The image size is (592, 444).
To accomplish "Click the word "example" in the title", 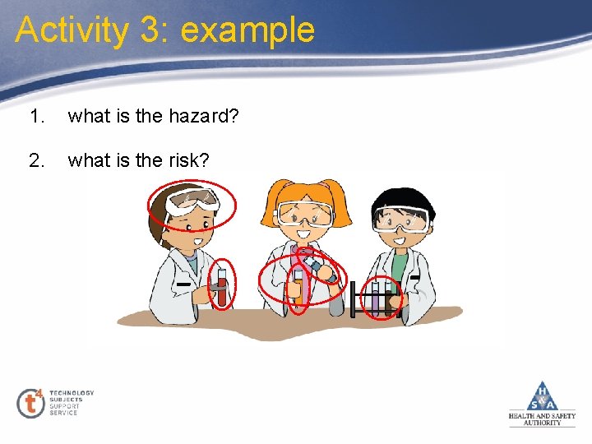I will (x=247, y=30).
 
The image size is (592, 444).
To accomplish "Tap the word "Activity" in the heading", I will (x=72, y=30).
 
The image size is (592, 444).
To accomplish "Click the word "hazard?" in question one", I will (x=203, y=116).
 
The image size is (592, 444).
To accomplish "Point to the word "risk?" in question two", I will (x=188, y=160).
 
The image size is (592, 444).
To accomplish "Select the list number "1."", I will (x=35, y=116).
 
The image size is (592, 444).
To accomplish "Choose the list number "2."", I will (x=35, y=160).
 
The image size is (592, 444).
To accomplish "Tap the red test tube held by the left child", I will (x=221, y=287).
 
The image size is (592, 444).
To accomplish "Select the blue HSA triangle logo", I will (x=542, y=396).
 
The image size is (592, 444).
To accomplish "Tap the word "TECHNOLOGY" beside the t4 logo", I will (x=72, y=393).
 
